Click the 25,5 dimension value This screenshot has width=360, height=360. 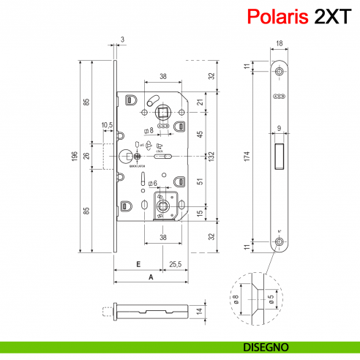(x=176, y=263)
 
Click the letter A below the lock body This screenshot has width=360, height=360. (x=151, y=277)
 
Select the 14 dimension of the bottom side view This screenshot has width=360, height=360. (x=200, y=310)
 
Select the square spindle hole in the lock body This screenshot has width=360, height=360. (x=161, y=112)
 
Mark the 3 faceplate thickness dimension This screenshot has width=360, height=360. (x=121, y=38)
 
